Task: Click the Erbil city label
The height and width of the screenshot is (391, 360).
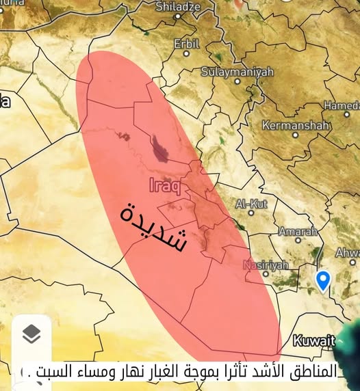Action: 186,43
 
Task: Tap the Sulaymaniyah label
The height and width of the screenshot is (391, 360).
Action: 237,71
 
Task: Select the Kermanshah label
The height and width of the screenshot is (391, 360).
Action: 296,126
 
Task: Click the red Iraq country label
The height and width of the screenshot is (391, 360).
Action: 165,185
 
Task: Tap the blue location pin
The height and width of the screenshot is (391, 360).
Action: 323,279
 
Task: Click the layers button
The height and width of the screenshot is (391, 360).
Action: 31,334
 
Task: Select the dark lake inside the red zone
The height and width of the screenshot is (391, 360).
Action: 162,148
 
